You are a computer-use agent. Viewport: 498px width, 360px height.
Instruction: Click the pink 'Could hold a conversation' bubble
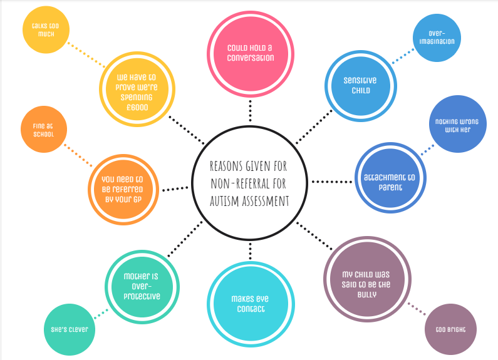click(x=250, y=53)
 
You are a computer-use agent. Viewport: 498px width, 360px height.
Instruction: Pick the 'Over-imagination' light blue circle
click(x=438, y=38)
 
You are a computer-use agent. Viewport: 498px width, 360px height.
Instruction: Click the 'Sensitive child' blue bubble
click(x=360, y=85)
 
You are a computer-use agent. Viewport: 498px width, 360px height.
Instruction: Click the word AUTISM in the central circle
click(x=231, y=200)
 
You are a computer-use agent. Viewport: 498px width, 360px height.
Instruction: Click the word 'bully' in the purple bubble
click(x=368, y=294)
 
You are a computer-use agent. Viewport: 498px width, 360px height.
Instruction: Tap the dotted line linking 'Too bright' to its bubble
click(x=415, y=309)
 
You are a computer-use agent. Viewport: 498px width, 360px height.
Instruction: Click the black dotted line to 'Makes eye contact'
click(x=250, y=250)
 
